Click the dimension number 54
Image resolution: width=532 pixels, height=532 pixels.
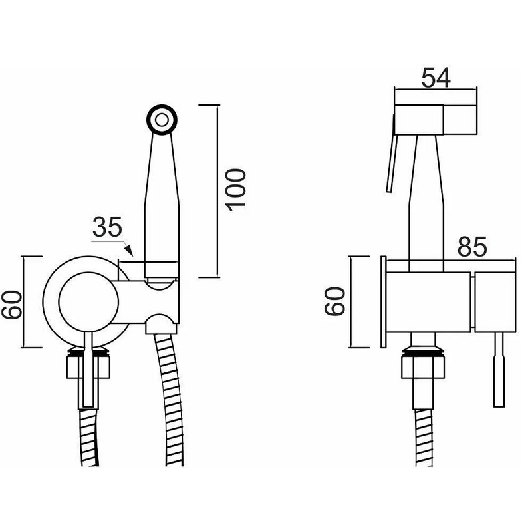point(436,78)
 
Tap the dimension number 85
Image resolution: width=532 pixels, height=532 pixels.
point(472,246)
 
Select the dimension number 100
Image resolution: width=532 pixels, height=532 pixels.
point(235,190)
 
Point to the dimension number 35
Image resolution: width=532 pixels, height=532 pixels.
point(107,227)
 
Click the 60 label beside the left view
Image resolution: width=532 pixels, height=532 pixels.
point(12,305)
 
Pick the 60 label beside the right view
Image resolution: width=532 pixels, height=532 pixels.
point(335,301)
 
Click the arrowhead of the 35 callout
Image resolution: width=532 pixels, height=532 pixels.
point(129,251)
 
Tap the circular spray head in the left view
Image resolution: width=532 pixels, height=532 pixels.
point(162,120)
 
